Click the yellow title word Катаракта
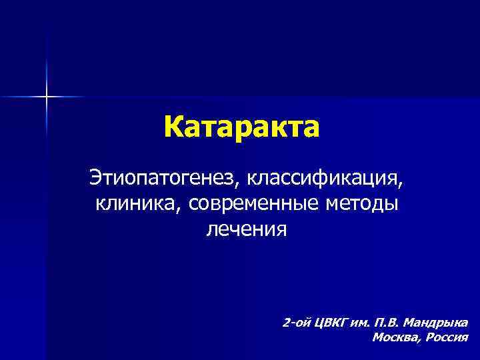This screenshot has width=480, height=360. pos(241,126)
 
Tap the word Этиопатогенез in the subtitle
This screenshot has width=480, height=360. pos(163,179)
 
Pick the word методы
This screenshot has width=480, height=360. pos(362,204)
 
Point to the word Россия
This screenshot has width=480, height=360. pos(446,337)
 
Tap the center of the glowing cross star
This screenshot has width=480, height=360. pos(47,97)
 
